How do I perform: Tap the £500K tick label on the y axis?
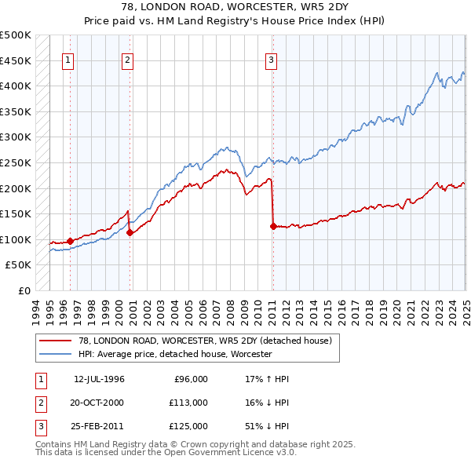point(16,35)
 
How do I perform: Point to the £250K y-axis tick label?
point(16,162)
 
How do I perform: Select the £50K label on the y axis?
point(19,265)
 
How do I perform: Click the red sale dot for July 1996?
point(71,241)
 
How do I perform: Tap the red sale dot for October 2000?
point(130,232)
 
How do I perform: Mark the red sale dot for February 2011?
point(273,226)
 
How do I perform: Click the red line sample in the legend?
point(56,341)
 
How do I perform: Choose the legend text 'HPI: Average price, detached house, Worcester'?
point(174,355)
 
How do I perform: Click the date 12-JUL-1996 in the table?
point(99,379)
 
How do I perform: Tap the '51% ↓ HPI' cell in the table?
point(267,426)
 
